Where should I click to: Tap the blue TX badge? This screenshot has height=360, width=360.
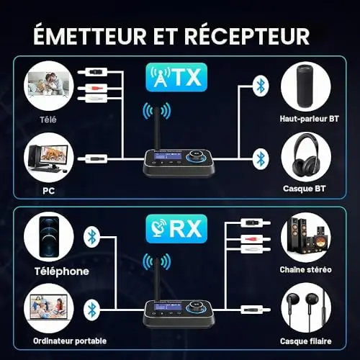pyautogui.click(x=176, y=77)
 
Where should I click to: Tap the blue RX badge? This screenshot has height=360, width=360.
pyautogui.click(x=176, y=229)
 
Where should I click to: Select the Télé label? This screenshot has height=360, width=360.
pyautogui.click(x=48, y=120)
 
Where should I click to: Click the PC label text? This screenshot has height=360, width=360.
pyautogui.click(x=48, y=191)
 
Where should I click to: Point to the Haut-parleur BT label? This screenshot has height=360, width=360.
pyautogui.click(x=309, y=119)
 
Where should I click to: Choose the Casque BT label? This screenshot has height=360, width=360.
pyautogui.click(x=304, y=189)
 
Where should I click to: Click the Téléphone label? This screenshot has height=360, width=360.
pyautogui.click(x=62, y=271)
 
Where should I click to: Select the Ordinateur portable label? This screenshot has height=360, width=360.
pyautogui.click(x=70, y=341)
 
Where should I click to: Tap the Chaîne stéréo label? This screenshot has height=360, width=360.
pyautogui.click(x=305, y=269)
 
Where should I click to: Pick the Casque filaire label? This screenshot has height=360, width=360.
pyautogui.click(x=305, y=341)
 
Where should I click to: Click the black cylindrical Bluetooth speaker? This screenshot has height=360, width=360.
pyautogui.click(x=305, y=86)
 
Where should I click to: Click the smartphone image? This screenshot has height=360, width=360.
pyautogui.click(x=49, y=237)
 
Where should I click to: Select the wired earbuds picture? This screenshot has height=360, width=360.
pyautogui.click(x=306, y=308)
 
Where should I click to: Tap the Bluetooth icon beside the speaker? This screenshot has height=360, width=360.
pyautogui.click(x=261, y=86)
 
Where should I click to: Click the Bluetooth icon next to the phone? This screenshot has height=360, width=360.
pyautogui.click(x=91, y=237)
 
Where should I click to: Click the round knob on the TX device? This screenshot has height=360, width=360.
pyautogui.click(x=197, y=156)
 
